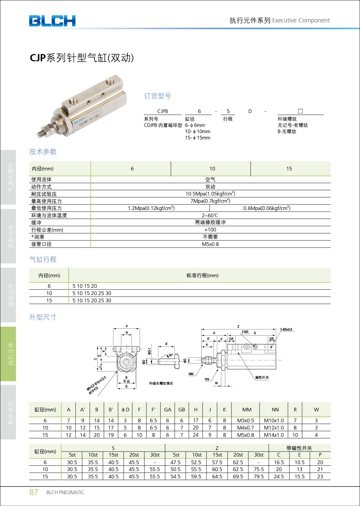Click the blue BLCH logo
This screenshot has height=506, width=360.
coord(52,21)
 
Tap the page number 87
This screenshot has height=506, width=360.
coord(34,492)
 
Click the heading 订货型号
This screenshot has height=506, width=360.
coord(157,96)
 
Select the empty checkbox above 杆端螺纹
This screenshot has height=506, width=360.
coord(300,111)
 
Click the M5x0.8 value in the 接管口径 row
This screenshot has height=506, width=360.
coord(210,244)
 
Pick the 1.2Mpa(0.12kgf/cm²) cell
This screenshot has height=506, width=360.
coord(151,208)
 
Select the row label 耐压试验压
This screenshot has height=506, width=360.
coord(44,194)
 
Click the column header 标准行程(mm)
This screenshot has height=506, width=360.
coord(202,276)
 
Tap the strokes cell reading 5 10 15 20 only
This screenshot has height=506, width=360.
coord(85,286)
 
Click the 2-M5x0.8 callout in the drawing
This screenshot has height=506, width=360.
coord(286,329)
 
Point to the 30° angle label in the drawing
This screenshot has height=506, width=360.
coord(171,355)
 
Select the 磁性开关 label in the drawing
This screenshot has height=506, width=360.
coord(262,377)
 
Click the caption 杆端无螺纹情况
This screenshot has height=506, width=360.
coord(161,383)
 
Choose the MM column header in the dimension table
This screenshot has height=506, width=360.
coord(247,410)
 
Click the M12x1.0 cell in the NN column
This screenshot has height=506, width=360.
coord(273,428)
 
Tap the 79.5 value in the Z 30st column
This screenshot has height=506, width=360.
coord(259,477)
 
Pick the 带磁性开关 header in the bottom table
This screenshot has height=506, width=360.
coord(299,448)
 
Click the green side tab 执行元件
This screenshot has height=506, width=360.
coord(11,354)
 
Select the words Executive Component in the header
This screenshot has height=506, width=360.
coord(301,20)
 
